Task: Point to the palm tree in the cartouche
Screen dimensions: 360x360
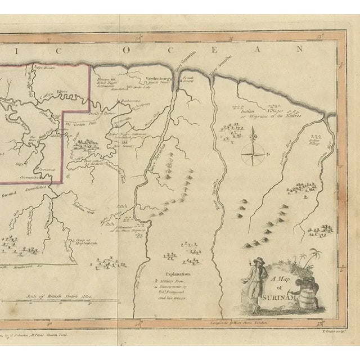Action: point(308,262)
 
